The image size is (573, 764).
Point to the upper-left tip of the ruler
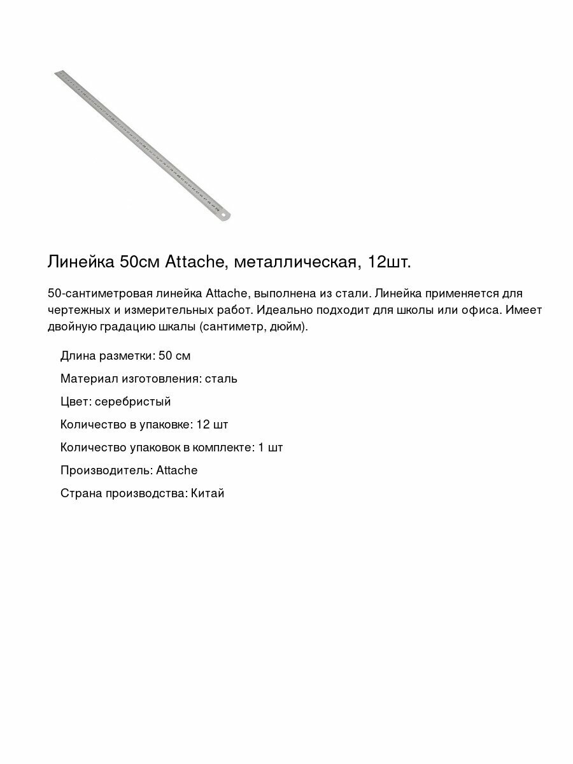click(x=57, y=73)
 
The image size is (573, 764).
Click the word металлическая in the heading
click(x=297, y=262)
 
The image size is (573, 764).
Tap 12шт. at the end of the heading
click(x=394, y=262)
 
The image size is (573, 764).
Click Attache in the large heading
click(x=194, y=262)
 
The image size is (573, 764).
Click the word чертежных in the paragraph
click(x=76, y=310)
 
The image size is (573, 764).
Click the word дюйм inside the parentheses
click(x=290, y=327)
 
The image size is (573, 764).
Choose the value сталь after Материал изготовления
click(x=222, y=379)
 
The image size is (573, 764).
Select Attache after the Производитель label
click(x=176, y=470)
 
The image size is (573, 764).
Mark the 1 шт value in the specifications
click(x=271, y=448)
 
